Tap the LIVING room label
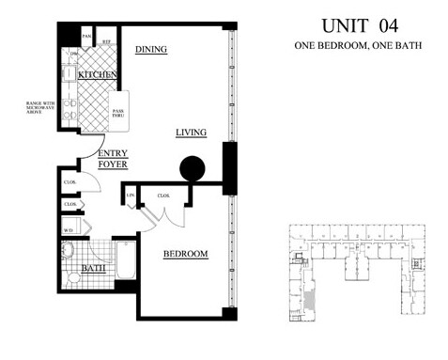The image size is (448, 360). point(191,133)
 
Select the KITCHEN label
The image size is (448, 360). point(97,74)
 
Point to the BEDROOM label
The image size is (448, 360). point(185,255)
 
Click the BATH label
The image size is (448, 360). point(92,268)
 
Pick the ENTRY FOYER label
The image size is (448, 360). point(112,159)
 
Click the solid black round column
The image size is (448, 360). point(192,168)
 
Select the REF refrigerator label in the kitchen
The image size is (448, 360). point(107,41)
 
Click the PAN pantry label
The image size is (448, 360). point(86,37)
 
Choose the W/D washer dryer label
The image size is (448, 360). point(69,228)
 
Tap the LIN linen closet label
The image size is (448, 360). point(131,195)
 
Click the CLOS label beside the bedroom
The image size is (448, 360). point(162,196)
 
